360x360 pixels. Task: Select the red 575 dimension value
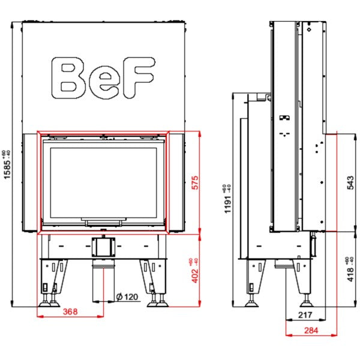click(195, 182)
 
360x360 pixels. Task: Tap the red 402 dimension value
click(195, 276)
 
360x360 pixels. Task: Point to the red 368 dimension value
click(70, 311)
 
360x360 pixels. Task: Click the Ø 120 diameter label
click(127, 296)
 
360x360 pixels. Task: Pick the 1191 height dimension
click(227, 205)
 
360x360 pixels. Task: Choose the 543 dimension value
click(350, 182)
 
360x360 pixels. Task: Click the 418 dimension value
click(350, 275)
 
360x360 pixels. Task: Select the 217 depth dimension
click(305, 315)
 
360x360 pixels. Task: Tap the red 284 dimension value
click(311, 331)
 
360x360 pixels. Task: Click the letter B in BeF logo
click(68, 78)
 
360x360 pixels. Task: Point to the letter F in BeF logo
click(139, 77)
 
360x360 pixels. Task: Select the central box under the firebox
click(104, 247)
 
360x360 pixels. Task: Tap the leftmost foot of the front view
click(44, 301)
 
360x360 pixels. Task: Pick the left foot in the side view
click(252, 301)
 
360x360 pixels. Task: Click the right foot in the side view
click(307, 301)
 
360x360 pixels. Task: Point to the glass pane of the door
click(104, 183)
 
